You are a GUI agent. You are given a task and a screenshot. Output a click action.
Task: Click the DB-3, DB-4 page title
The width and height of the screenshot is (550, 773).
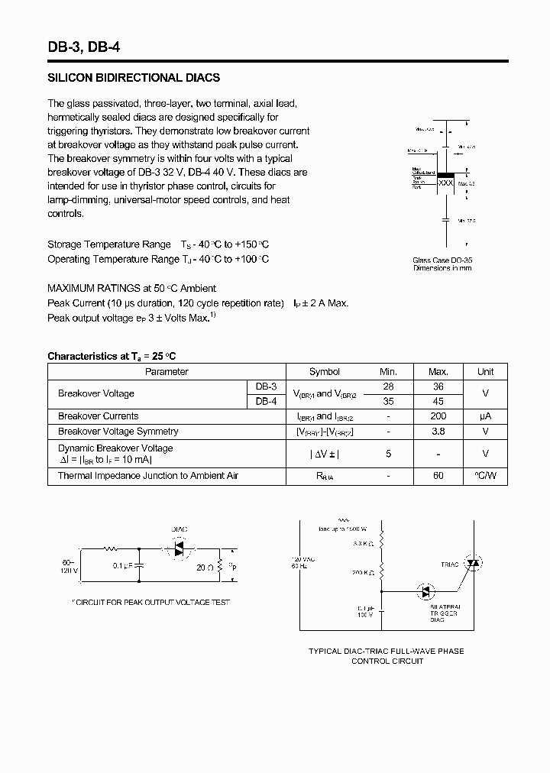[83, 47]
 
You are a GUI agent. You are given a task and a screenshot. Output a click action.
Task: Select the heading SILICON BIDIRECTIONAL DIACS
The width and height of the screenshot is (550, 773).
[134, 78]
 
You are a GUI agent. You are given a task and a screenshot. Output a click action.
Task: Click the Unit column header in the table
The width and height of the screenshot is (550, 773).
[485, 372]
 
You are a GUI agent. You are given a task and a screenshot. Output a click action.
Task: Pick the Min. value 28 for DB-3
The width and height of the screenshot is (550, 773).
[389, 386]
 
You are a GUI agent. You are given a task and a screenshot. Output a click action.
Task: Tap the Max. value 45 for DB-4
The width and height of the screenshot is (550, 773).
[438, 401]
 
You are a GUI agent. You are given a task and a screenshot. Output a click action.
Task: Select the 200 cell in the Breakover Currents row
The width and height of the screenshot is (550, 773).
[438, 416]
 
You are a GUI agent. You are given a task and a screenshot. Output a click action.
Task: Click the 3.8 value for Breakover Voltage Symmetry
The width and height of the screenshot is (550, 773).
[438, 432]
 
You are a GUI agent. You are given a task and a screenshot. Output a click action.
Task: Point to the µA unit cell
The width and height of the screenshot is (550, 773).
[485, 416]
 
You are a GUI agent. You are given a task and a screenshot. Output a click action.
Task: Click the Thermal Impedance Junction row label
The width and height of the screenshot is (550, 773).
[148, 476]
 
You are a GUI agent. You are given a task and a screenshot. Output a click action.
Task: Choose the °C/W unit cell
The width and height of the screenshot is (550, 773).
[485, 476]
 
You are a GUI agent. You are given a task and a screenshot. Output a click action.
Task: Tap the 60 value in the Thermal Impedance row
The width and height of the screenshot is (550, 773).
[438, 476]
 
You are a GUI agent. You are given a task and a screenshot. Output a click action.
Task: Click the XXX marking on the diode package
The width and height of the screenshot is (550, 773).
[446, 183]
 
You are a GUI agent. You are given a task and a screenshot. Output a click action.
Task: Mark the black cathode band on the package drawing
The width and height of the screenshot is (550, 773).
[446, 173]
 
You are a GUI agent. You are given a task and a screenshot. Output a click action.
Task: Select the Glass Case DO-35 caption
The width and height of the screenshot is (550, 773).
[442, 260]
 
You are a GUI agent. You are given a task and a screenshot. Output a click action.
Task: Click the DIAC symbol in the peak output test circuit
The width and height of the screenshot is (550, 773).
[180, 549]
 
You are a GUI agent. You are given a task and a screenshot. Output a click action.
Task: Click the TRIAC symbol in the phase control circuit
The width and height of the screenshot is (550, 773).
[473, 564]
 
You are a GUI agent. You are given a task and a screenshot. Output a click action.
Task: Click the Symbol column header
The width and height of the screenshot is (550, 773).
[325, 372]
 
